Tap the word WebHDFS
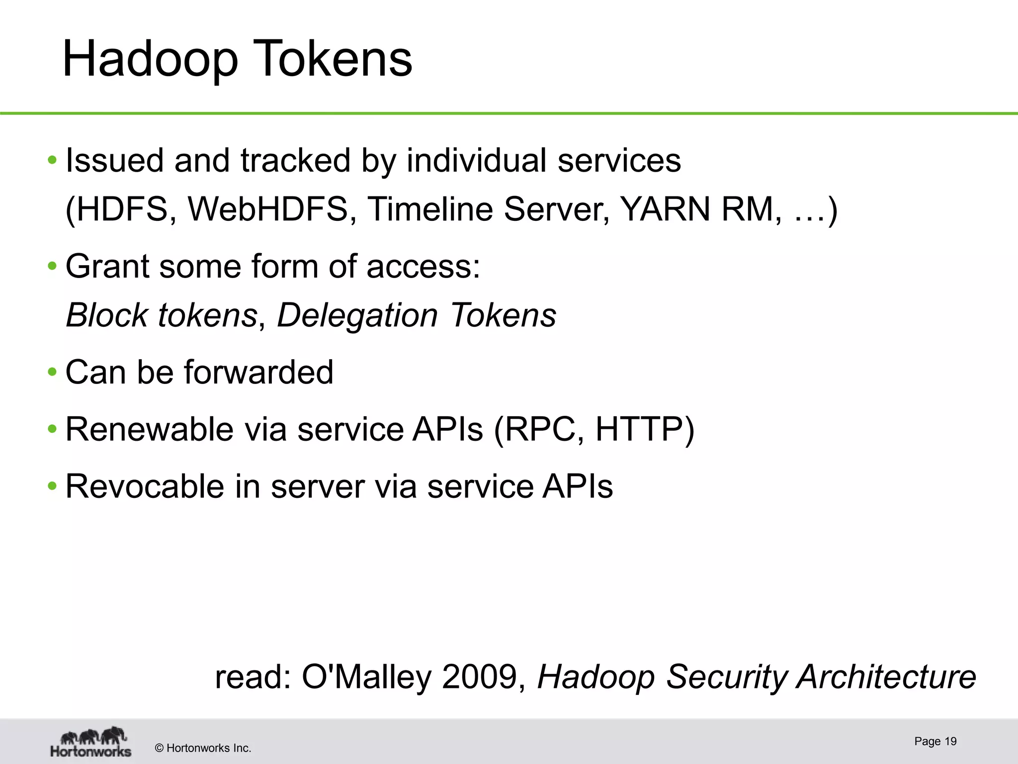pyautogui.click(x=268, y=209)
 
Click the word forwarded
pyautogui.click(x=258, y=372)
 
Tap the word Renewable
pyautogui.click(x=150, y=429)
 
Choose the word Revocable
pyautogui.click(x=145, y=486)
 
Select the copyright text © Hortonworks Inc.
pyautogui.click(x=203, y=748)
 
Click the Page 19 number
pyautogui.click(x=935, y=742)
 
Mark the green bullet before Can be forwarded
pyautogui.click(x=52, y=372)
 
